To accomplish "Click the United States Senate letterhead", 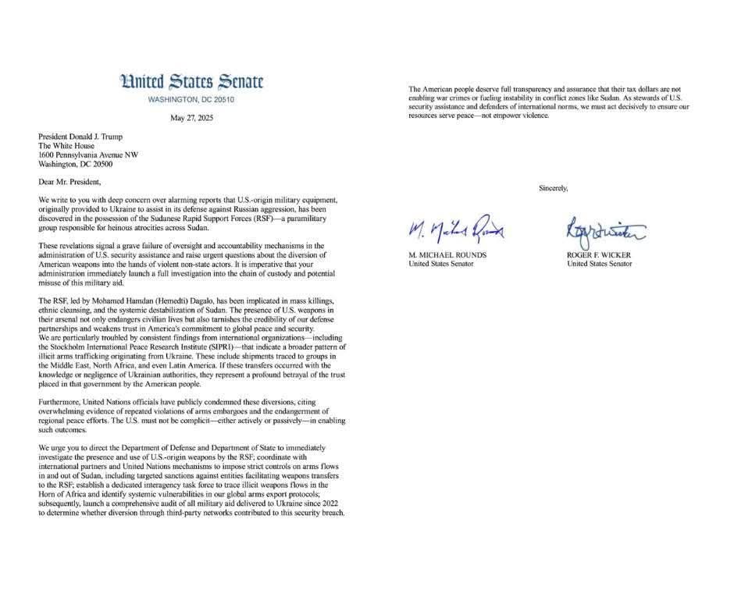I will point(191,82).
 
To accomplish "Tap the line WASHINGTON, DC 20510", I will point(191,100).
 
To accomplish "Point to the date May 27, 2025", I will point(191,119).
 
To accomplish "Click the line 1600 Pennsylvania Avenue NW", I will point(88,155).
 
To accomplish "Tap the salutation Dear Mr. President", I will point(70,182).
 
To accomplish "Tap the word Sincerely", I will point(554,187).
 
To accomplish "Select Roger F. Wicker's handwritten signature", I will point(604,230).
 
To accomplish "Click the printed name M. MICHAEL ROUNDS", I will point(448,255).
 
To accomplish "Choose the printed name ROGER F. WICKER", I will point(600,255).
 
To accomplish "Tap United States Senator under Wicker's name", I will point(600,264).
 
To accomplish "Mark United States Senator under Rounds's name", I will point(443,264).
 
